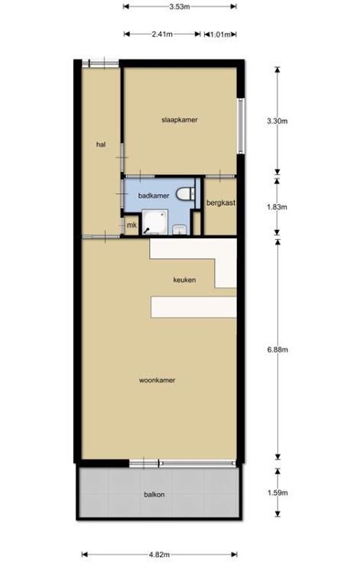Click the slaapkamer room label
click(x=180, y=120)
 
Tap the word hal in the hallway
click(x=101, y=144)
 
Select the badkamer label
click(x=154, y=196)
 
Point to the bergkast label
click(x=221, y=203)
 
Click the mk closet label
click(x=131, y=225)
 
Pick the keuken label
click(x=184, y=280)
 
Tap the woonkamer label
click(x=157, y=380)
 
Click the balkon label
click(x=154, y=494)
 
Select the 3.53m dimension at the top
click(x=180, y=6)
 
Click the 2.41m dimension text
click(x=162, y=34)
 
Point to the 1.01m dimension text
click(x=221, y=35)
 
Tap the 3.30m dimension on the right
click(x=277, y=121)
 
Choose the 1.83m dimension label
click(x=277, y=207)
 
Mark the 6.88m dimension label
click(x=277, y=349)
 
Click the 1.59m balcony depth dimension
click(x=277, y=493)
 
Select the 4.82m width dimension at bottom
click(x=159, y=555)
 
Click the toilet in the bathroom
click(x=185, y=193)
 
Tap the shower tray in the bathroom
click(x=155, y=222)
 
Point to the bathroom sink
click(x=180, y=229)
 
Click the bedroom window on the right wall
click(x=241, y=125)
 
